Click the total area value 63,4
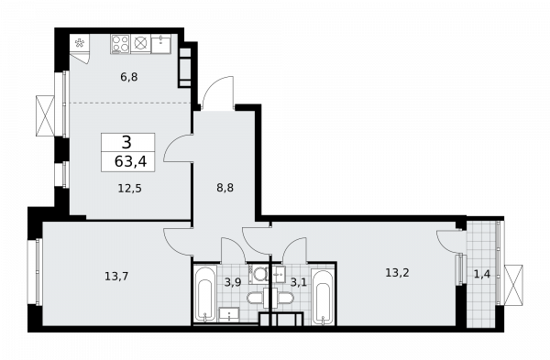coord(130,161)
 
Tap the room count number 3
coord(126,143)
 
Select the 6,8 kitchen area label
coord(129,77)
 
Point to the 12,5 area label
coord(129,189)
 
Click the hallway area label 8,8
coord(225,188)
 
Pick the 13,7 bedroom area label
coord(116,277)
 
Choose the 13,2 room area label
coord(397,272)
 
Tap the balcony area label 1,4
coord(482,274)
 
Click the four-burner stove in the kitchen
coord(120,44)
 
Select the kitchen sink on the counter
coord(161,44)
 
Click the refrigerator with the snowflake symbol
coord(80,43)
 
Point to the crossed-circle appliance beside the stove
coord(140,44)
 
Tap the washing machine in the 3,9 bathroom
coord(259,274)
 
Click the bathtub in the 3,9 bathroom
coord(204,293)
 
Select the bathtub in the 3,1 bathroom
coord(322,297)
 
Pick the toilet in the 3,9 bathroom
coord(257,299)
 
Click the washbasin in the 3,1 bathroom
coord(280,274)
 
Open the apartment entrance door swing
coord(217,93)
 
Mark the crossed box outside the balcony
coord(513,285)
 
